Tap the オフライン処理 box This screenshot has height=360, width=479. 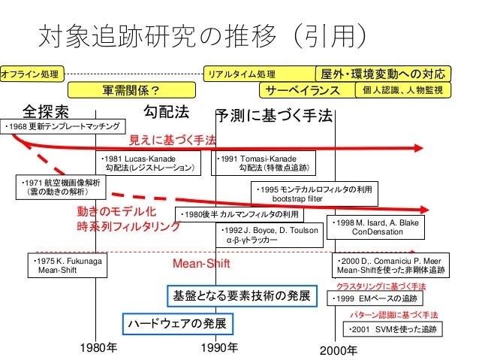point(32,74)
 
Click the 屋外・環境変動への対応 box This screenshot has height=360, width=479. point(384,74)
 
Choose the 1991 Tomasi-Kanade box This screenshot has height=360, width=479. point(266,164)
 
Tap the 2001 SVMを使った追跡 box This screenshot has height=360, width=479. point(392,329)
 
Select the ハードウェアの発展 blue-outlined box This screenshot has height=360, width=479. point(176,323)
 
